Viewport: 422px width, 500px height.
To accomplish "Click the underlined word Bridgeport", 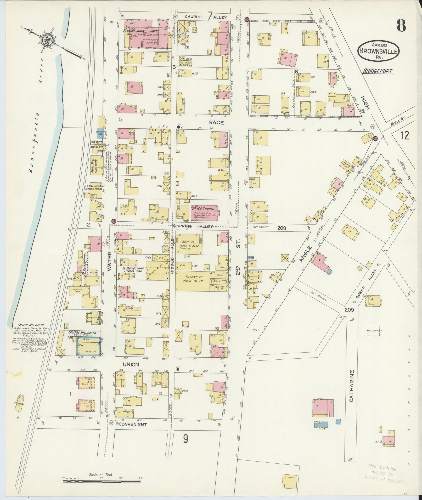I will coord(378,71).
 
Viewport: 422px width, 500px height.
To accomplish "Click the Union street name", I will coord(132,364).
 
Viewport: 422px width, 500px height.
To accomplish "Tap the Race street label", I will coord(216,122).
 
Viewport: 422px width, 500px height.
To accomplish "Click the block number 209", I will coord(349,310).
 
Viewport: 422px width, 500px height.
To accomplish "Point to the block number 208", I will coord(282,228).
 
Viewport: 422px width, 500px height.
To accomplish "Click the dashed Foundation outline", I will coord(373,331).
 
